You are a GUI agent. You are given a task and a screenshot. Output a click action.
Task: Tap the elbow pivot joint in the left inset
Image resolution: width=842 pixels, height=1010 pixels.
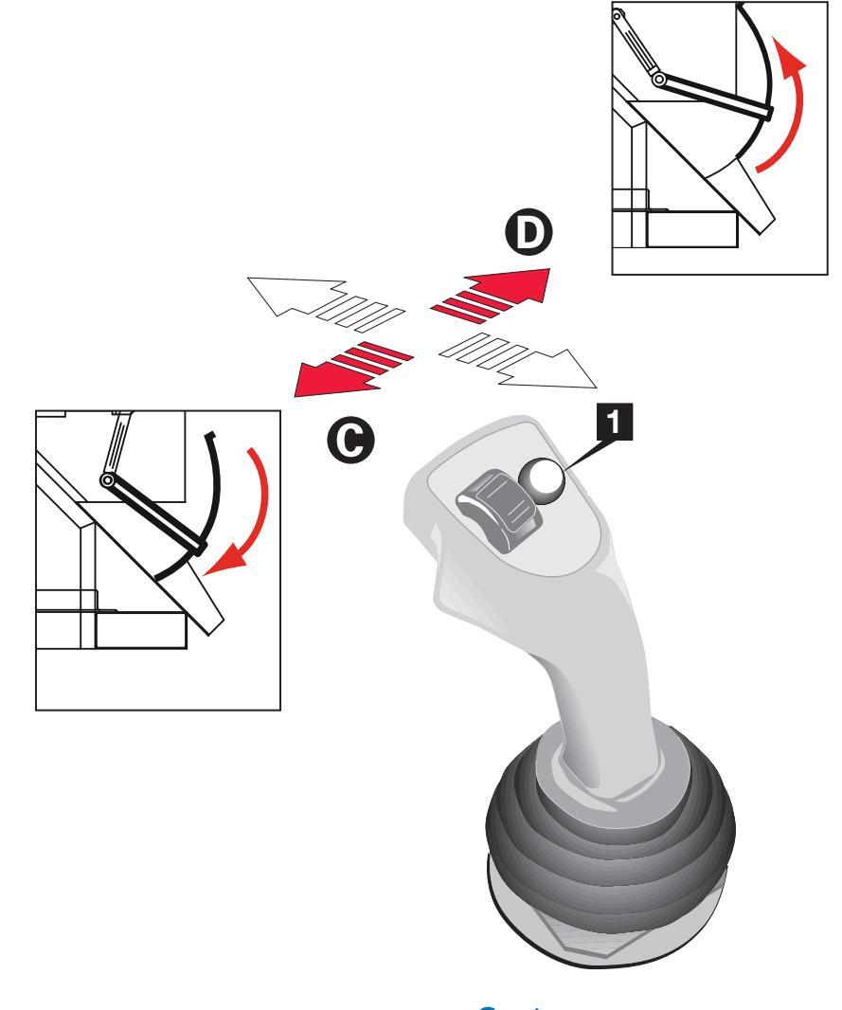110,482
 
